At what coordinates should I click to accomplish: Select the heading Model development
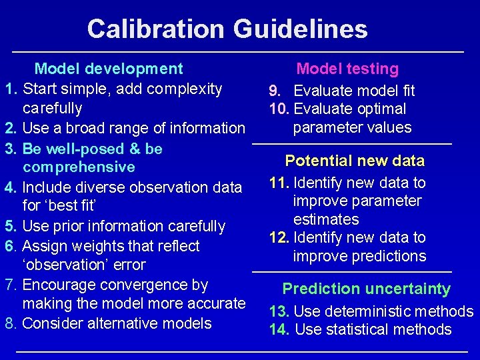pyautogui.click(x=109, y=69)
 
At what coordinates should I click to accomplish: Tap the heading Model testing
pyautogui.click(x=347, y=69)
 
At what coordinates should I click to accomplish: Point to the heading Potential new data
pyautogui.click(x=355, y=161)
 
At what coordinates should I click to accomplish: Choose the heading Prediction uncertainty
pyautogui.click(x=367, y=289)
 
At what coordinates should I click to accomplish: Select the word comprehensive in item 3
pyautogui.click(x=79, y=167)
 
